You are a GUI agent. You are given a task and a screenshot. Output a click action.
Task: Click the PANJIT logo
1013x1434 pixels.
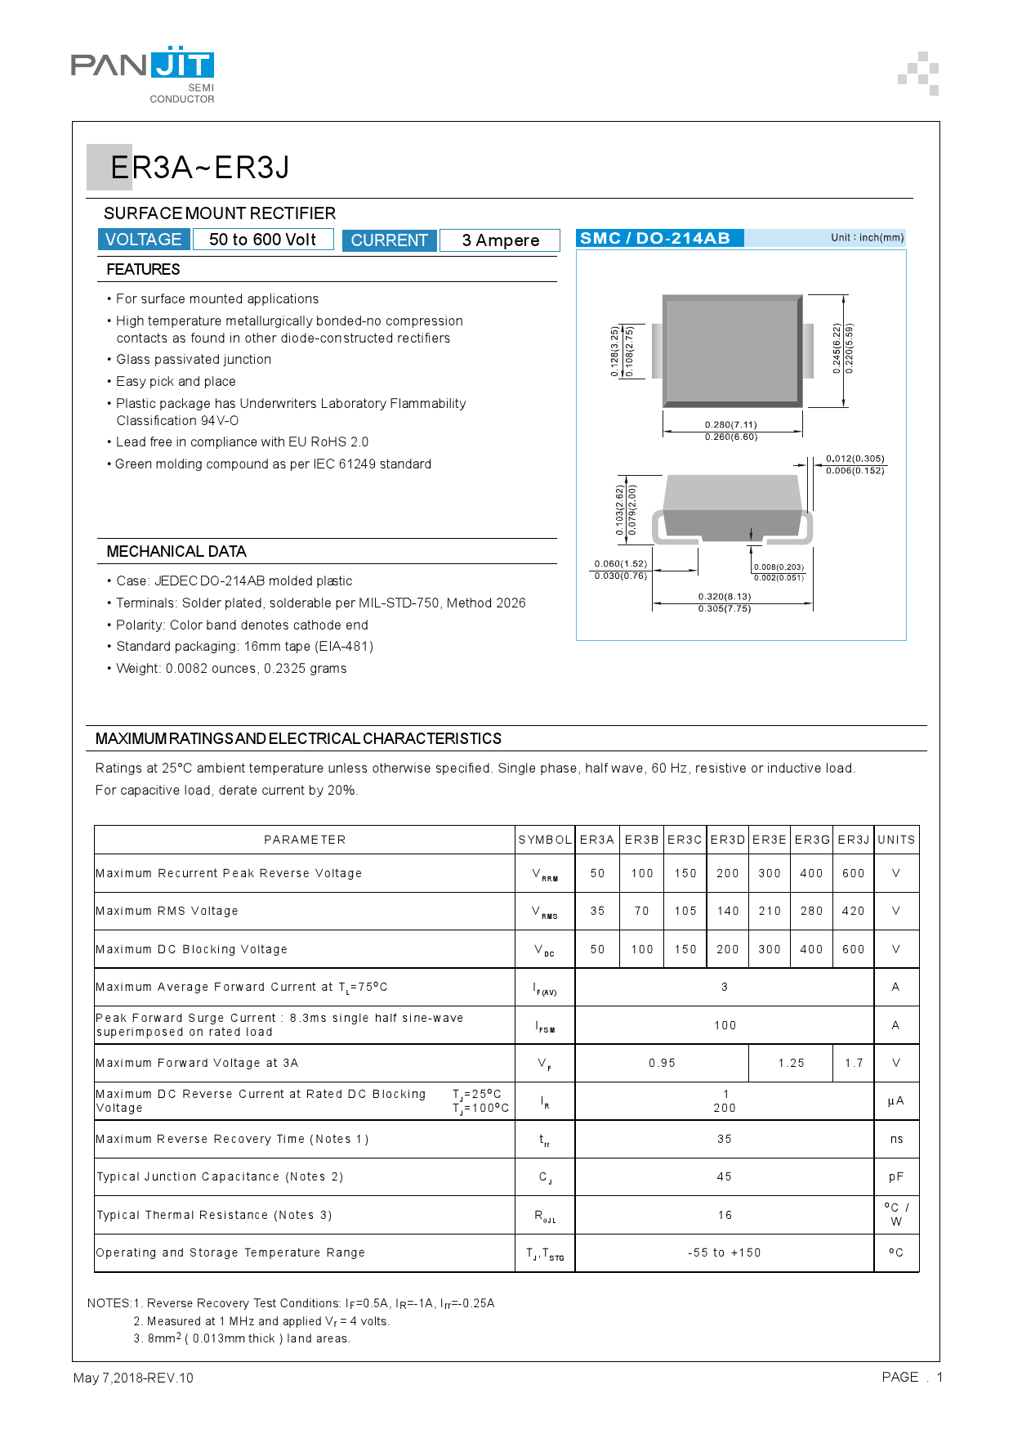click(x=143, y=74)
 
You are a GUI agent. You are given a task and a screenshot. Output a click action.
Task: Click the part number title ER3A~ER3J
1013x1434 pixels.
click(x=200, y=168)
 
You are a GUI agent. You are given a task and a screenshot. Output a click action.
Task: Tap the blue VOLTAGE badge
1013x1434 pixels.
click(x=144, y=240)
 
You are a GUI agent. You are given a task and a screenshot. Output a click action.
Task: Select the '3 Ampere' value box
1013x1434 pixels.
click(x=500, y=240)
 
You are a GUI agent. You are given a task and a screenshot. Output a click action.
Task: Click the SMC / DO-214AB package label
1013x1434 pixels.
click(x=655, y=238)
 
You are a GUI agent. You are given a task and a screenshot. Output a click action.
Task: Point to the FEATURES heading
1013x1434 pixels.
click(x=143, y=269)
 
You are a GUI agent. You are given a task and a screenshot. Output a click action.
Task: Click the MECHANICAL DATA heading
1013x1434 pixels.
click(x=176, y=552)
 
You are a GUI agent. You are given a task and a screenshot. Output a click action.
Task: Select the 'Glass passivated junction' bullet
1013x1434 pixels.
click(x=194, y=360)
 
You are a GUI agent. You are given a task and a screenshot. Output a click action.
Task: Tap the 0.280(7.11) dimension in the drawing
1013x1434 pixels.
click(x=731, y=424)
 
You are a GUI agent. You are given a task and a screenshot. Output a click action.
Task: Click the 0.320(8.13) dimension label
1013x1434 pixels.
click(x=725, y=596)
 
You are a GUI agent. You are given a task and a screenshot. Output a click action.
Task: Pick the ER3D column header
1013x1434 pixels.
click(x=728, y=840)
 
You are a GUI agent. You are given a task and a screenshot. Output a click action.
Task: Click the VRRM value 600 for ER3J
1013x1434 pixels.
click(x=854, y=873)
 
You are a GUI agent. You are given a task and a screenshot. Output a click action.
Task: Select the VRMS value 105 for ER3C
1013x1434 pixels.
click(x=685, y=911)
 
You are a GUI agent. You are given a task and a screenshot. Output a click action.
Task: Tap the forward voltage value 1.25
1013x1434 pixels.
click(x=791, y=1063)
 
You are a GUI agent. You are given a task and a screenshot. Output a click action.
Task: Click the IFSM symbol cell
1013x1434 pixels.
click(x=545, y=1025)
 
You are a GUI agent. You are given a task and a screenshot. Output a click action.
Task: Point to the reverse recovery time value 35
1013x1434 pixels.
click(x=725, y=1139)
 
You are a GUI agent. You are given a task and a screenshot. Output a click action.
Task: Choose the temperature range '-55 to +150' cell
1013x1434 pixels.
click(x=725, y=1253)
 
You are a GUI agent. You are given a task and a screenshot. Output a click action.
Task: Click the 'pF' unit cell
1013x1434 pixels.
click(x=896, y=1176)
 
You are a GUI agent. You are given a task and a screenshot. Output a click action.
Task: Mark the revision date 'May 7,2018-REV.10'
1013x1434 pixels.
click(x=134, y=1378)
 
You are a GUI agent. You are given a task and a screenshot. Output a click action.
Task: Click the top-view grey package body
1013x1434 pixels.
click(x=732, y=351)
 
